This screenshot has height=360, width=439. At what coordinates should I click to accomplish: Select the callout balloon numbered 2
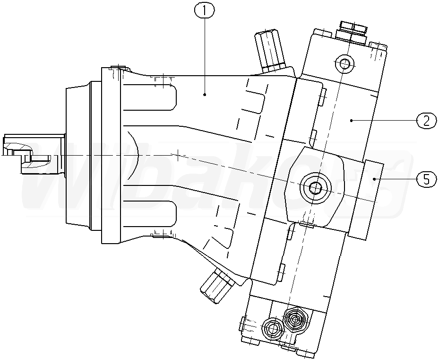[425, 121]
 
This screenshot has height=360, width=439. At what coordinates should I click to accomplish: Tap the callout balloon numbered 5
[425, 179]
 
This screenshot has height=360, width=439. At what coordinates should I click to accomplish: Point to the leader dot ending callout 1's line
[205, 94]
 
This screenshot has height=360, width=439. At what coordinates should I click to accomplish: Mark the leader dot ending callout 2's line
[352, 121]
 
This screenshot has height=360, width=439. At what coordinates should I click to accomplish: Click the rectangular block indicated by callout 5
[373, 199]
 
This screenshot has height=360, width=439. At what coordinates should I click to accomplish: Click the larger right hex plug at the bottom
[295, 320]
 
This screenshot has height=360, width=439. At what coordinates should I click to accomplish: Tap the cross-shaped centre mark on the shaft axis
[177, 154]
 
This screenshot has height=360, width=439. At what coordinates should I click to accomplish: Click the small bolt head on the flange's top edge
[117, 68]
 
